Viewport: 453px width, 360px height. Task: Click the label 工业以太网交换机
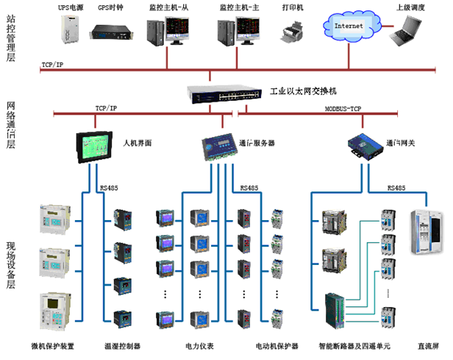pyautogui.click(x=303, y=91)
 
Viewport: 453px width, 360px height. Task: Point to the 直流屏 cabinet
pyautogui.click(x=425, y=232)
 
